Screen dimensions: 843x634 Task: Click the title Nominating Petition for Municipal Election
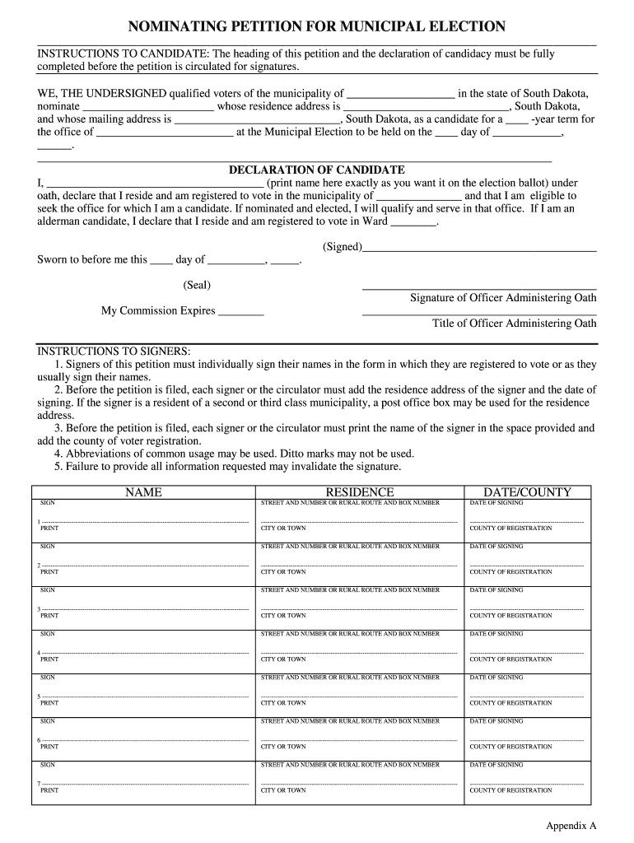click(316, 26)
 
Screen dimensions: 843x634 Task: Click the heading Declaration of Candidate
click(316, 170)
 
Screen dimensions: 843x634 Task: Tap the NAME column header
click(143, 492)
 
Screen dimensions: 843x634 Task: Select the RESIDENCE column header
click(360, 492)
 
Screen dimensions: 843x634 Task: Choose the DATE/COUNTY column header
click(527, 492)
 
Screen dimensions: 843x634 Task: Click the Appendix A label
click(571, 825)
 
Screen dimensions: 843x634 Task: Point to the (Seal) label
click(197, 285)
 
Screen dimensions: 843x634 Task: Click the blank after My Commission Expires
click(241, 312)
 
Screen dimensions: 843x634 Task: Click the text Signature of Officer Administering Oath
click(503, 298)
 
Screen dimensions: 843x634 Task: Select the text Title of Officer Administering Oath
click(515, 324)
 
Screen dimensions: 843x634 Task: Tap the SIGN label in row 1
click(48, 503)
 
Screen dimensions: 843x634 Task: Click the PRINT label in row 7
click(49, 790)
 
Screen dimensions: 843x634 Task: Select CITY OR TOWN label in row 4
click(283, 659)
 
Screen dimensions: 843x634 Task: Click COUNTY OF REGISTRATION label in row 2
click(510, 572)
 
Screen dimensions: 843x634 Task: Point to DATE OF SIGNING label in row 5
click(496, 678)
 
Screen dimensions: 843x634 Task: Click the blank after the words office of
click(165, 133)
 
